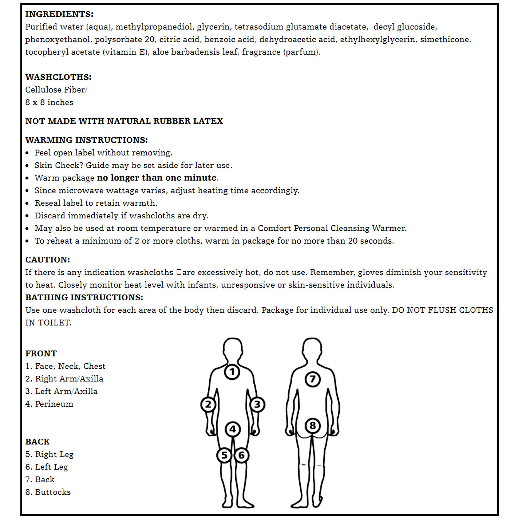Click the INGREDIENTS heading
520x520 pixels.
[59, 14]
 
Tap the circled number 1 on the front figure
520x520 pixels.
[232, 372]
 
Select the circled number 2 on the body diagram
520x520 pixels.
[208, 405]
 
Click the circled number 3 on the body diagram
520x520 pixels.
[257, 405]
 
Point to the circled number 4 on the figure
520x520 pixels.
[232, 429]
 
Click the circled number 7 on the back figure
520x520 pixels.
[312, 379]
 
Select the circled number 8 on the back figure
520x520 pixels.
[313, 426]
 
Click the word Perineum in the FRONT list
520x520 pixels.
[54, 404]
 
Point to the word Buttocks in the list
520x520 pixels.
[53, 492]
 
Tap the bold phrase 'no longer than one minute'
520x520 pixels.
[157, 178]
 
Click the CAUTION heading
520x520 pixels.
[48, 259]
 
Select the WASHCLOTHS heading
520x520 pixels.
[58, 77]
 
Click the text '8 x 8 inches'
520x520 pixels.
[49, 102]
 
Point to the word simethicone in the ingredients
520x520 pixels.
[445, 39]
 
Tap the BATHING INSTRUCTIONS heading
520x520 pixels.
[84, 297]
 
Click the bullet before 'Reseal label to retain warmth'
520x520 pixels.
[27, 203]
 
